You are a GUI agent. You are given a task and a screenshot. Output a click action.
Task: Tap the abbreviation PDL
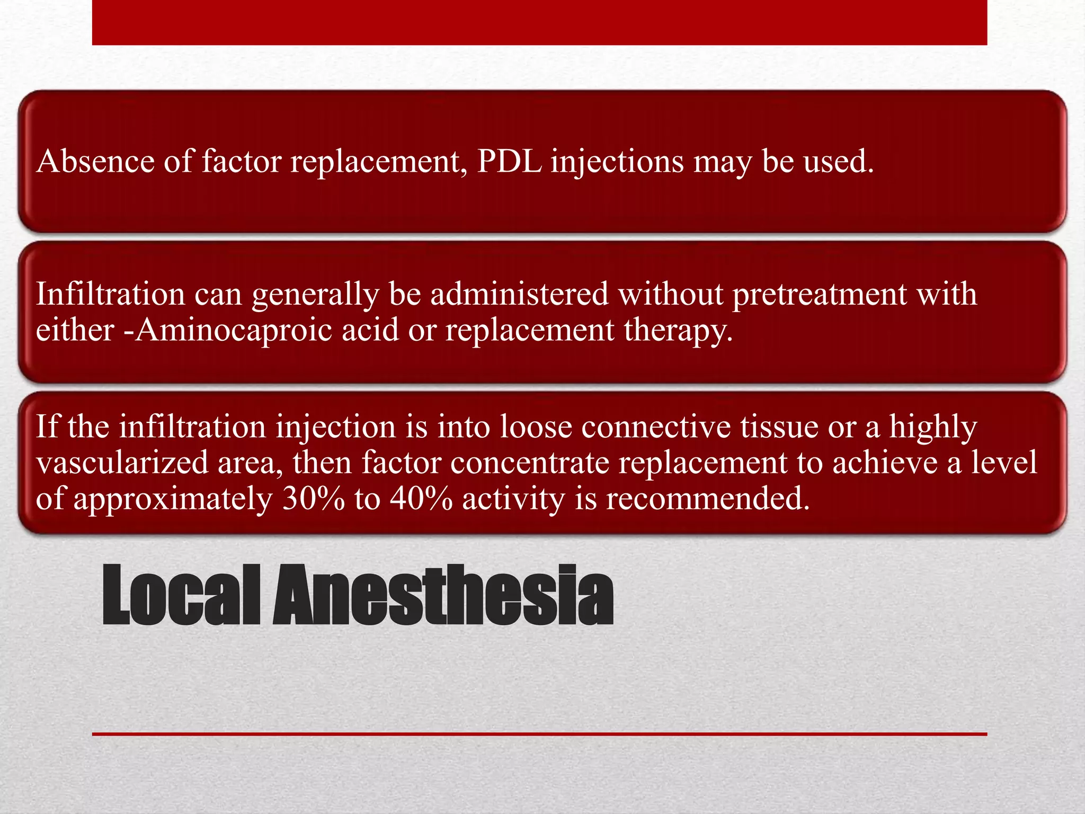point(509,161)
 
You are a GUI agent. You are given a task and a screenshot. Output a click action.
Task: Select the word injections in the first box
point(617,162)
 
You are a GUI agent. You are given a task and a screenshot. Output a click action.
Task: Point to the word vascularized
point(122,462)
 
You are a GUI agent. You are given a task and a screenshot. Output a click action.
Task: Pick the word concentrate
point(529,462)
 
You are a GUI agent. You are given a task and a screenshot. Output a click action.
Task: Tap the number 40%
point(421,499)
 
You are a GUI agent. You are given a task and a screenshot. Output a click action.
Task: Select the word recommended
point(708,499)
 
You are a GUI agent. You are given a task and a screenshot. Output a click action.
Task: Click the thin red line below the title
point(539,734)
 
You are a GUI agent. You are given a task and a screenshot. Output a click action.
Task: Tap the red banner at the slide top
point(539,22)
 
